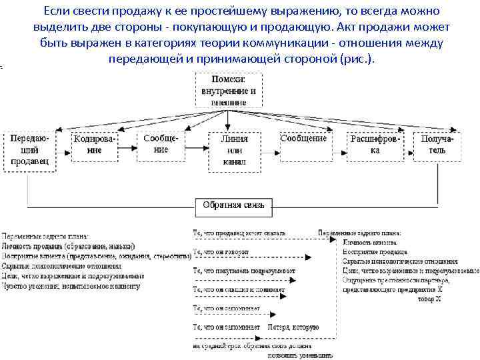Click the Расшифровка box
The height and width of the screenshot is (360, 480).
[375, 145]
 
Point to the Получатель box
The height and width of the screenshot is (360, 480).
[437, 145]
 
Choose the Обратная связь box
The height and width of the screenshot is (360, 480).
[233, 205]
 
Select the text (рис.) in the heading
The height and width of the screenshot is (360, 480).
[358, 59]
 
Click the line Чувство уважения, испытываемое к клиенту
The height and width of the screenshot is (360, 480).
[71, 286]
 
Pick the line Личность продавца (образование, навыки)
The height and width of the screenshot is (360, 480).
[69, 246]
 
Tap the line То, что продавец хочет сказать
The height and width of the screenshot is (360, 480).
[239, 233]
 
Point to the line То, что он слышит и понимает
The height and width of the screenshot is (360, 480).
[239, 290]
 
